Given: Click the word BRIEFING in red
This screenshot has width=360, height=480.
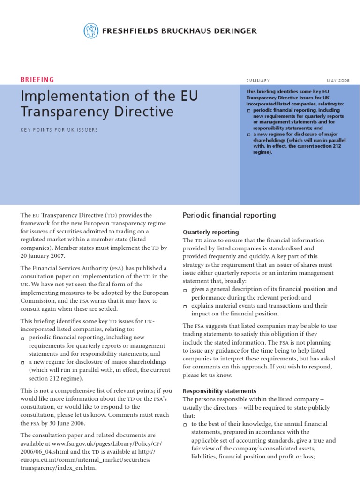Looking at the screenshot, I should pyautogui.click(x=37, y=79).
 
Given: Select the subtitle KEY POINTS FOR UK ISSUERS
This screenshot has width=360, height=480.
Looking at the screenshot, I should pyautogui.click(x=60, y=130).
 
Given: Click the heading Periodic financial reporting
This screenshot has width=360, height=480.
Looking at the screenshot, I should pyautogui.click(x=229, y=215).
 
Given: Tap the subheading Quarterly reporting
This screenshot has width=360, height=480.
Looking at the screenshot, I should pyautogui.click(x=210, y=232).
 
